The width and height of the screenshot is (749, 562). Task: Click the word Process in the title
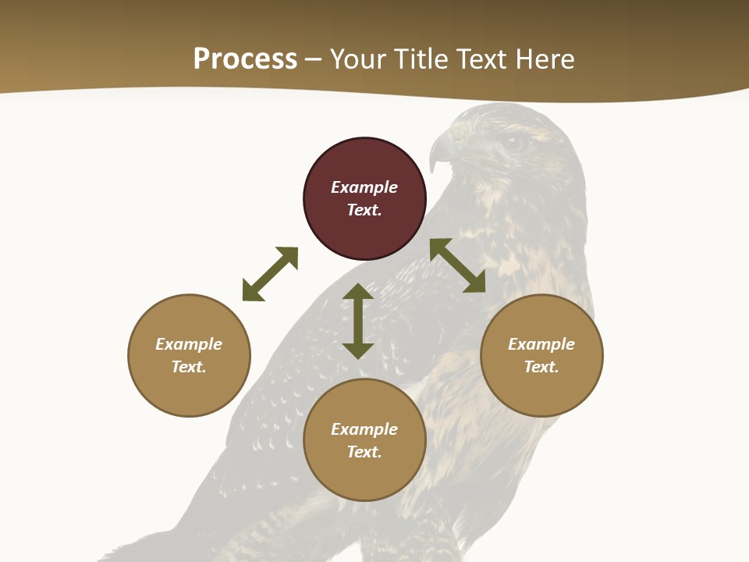[x=245, y=59]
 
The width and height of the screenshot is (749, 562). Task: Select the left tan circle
[x=189, y=390]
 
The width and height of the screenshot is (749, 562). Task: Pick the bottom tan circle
[x=364, y=476]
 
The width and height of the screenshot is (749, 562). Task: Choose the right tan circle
[x=541, y=390]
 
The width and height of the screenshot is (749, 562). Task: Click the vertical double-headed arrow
[x=358, y=321]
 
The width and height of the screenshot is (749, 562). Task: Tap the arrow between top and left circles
[x=270, y=274]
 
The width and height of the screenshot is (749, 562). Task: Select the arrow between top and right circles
[x=457, y=265]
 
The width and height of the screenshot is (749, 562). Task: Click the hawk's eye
[x=514, y=143]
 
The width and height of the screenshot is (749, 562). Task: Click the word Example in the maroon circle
[x=364, y=187]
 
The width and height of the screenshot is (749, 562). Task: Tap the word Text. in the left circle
[x=189, y=367]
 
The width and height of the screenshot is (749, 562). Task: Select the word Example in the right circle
[x=541, y=344]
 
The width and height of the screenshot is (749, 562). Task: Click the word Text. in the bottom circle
[x=364, y=452]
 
